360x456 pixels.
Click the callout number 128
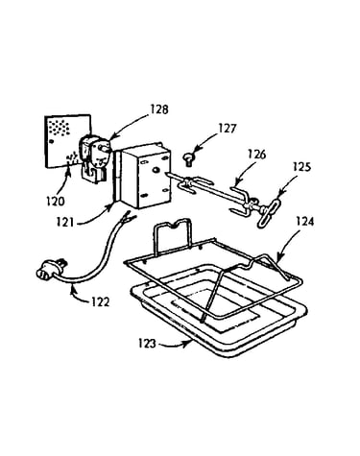pos(159,109)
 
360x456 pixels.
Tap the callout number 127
pos(228,129)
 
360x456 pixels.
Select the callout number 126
pos(256,155)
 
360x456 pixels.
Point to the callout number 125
pos(301,167)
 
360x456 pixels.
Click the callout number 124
pos(304,222)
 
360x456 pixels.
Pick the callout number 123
pos(147,344)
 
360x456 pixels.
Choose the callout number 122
pos(100,301)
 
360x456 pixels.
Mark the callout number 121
pos(65,222)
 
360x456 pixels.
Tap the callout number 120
pos(55,202)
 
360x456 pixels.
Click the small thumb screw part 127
pos(187,159)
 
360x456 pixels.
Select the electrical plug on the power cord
pos(51,269)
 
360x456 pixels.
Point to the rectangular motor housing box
pos(146,176)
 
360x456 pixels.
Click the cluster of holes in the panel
pos(59,127)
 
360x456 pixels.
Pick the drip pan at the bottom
pos(219,309)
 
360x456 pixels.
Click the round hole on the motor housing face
pos(156,170)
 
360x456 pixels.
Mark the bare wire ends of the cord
pos(129,218)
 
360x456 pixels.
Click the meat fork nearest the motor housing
pos(193,184)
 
